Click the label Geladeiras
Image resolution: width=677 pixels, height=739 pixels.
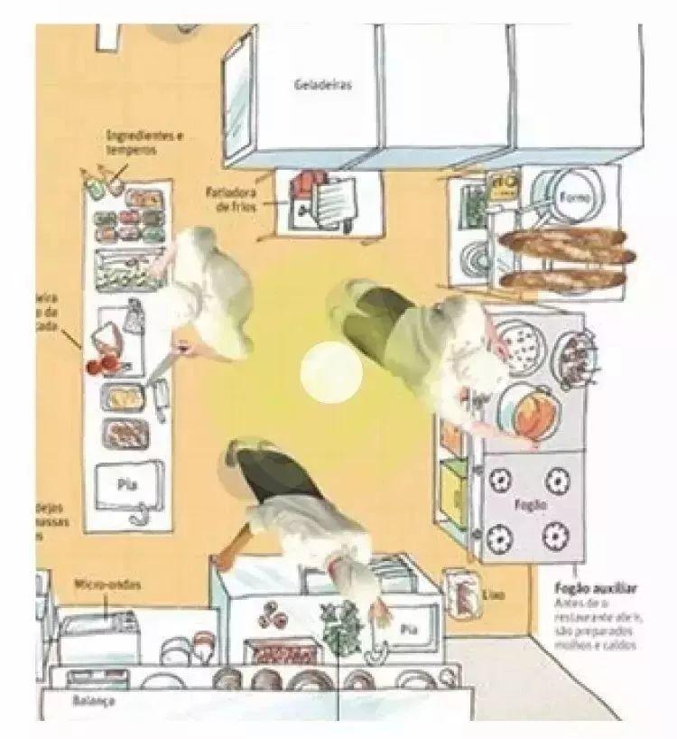tap(322, 87)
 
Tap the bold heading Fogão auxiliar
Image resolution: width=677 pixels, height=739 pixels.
tap(598, 588)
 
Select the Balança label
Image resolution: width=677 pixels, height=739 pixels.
tap(93, 701)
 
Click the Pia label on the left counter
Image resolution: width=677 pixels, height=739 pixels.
tap(126, 483)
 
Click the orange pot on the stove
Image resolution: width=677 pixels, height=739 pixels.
tap(528, 410)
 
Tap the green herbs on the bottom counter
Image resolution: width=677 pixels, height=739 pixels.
tap(339, 627)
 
